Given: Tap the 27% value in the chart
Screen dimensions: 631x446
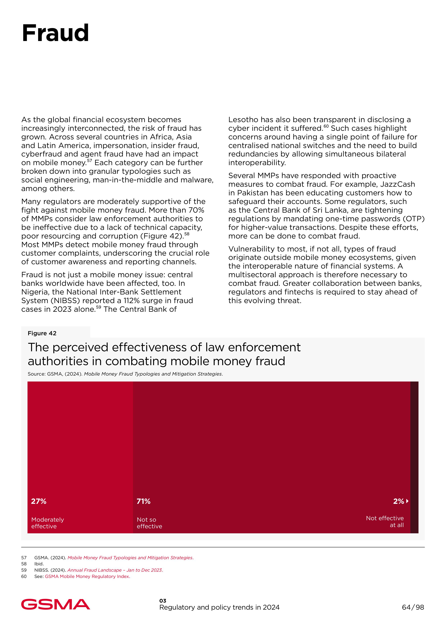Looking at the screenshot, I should [39, 501].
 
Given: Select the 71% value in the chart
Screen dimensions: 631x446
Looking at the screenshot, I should [144, 501].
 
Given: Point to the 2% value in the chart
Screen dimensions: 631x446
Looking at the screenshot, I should [399, 501].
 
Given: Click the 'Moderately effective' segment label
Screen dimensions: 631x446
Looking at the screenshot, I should [47, 523].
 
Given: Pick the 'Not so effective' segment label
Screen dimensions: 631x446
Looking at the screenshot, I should [149, 523].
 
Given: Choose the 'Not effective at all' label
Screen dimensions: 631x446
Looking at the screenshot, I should [385, 521].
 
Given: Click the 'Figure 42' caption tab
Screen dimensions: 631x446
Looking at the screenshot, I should [42, 333].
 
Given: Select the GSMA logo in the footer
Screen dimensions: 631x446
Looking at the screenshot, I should [56, 604].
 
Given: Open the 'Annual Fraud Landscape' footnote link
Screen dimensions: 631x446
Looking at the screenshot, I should [115, 570].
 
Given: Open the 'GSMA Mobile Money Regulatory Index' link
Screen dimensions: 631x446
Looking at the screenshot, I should [87, 576].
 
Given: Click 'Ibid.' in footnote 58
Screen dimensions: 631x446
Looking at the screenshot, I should [39, 564].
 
